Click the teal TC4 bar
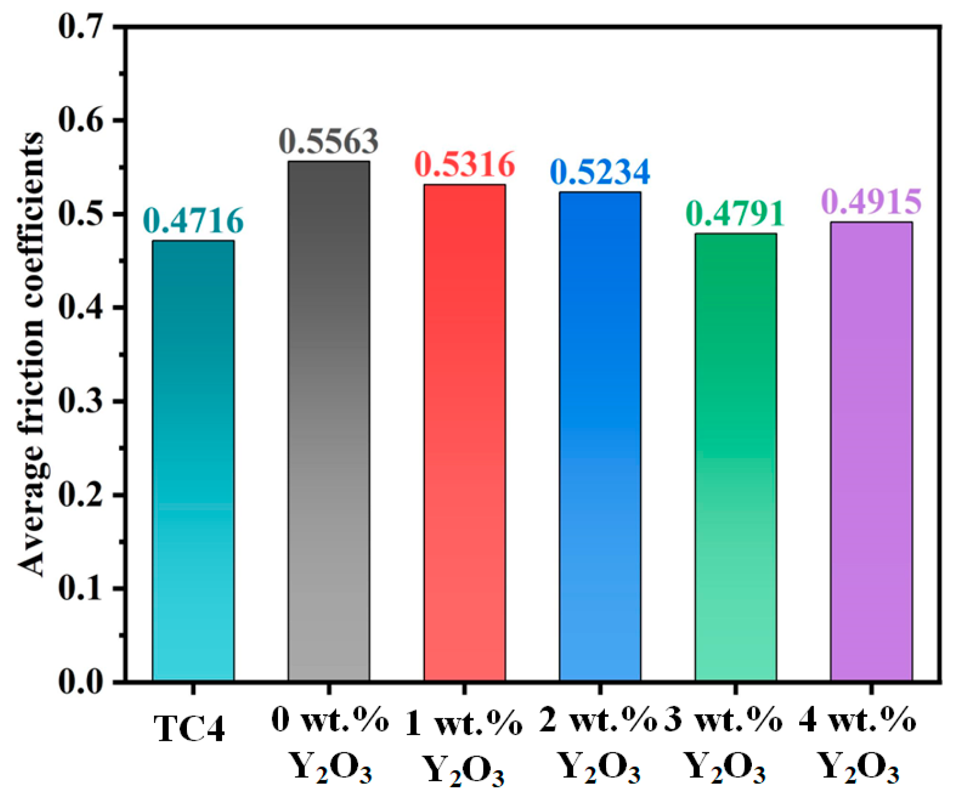[x=193, y=461]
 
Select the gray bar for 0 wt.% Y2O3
[x=329, y=421]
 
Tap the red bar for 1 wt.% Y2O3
[x=465, y=432]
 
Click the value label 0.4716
[x=193, y=220]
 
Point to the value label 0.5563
[x=329, y=141]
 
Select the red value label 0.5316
[x=465, y=164]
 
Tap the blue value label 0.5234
[x=600, y=171]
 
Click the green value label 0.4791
[x=736, y=213]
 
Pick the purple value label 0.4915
[x=871, y=201]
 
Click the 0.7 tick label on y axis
[x=81, y=27]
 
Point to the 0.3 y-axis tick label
[x=81, y=401]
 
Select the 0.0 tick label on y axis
[x=81, y=682]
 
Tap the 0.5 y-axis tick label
[x=81, y=214]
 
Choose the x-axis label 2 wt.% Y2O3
[x=599, y=744]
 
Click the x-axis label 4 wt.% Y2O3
[x=858, y=744]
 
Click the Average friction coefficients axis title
[x=31, y=354]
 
